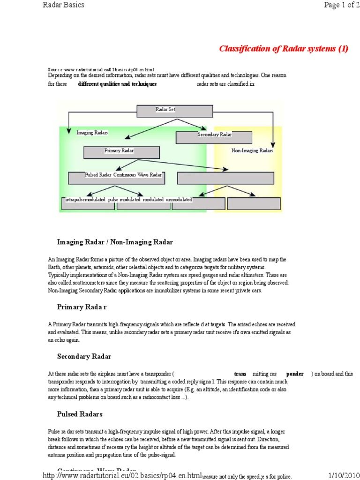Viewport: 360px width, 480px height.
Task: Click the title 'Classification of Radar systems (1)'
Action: pos(284,49)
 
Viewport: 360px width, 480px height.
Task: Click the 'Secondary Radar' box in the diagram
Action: pos(214,137)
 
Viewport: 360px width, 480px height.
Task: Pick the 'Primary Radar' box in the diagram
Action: pos(121,152)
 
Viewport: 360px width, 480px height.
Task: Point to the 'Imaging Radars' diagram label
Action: pos(92,133)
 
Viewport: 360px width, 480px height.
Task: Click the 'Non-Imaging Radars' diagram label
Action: pos(252,151)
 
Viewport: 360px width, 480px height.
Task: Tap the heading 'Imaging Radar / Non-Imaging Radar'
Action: pos(115,242)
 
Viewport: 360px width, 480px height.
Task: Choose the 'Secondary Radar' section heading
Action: pos(84,356)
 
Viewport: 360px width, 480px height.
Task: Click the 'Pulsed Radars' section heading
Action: pos(80,414)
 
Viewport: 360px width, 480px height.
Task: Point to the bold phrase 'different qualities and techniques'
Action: pos(117,84)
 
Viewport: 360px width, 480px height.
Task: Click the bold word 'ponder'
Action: pos(295,374)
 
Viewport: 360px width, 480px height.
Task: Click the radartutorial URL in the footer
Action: pos(122,474)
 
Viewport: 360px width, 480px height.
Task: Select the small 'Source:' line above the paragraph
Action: pos(101,69)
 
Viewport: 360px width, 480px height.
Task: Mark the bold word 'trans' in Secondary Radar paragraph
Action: pos(240,374)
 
